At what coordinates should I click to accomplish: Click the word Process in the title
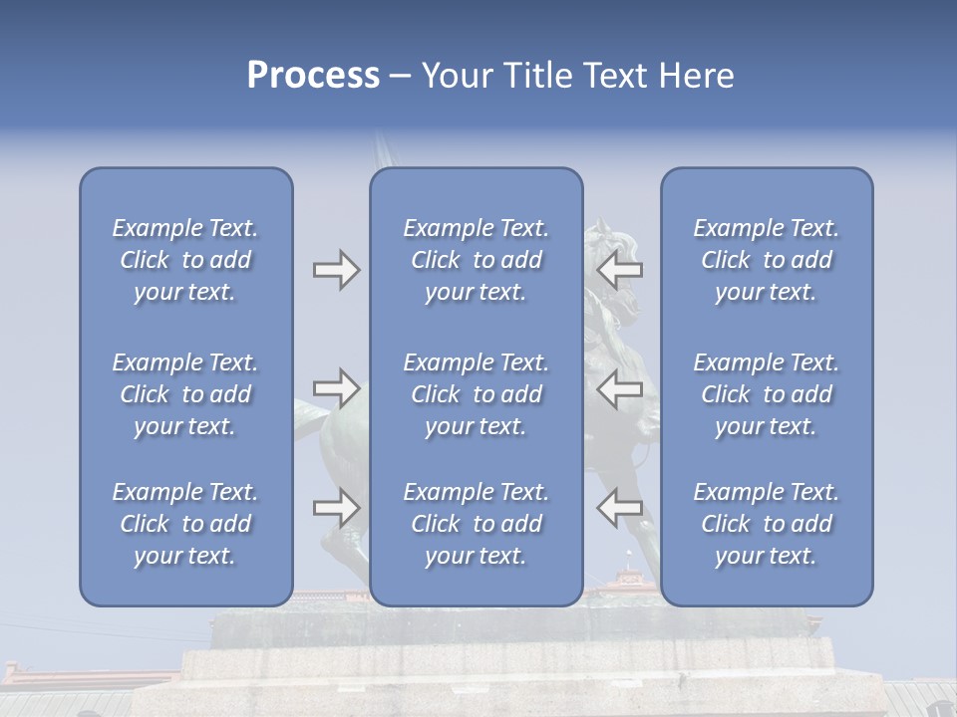pyautogui.click(x=313, y=76)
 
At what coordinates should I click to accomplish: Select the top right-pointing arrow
pyautogui.click(x=336, y=270)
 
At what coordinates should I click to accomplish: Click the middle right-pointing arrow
pyautogui.click(x=336, y=388)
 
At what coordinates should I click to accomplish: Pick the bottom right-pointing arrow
pyautogui.click(x=336, y=507)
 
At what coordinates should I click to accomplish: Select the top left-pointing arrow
pyautogui.click(x=620, y=270)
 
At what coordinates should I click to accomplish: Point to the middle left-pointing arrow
pyautogui.click(x=620, y=388)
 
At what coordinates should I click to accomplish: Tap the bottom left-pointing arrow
pyautogui.click(x=620, y=507)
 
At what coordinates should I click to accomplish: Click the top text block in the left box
pyautogui.click(x=185, y=260)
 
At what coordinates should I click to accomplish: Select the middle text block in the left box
pyautogui.click(x=185, y=394)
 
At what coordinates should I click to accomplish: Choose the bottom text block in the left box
pyautogui.click(x=185, y=524)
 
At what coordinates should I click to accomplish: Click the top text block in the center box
pyautogui.click(x=476, y=260)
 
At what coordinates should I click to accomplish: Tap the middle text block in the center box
pyautogui.click(x=476, y=394)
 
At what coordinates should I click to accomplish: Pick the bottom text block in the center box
pyautogui.click(x=476, y=524)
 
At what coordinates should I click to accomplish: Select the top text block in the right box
pyautogui.click(x=766, y=260)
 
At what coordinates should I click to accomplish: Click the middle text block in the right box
pyautogui.click(x=766, y=394)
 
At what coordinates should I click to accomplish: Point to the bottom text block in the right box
pyautogui.click(x=766, y=524)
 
